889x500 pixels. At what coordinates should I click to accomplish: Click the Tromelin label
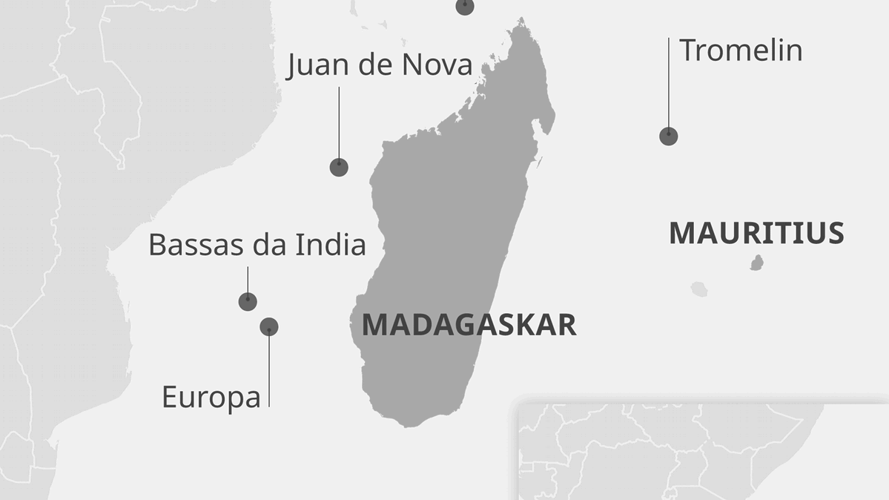coord(741,50)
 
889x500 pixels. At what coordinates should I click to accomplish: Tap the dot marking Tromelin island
coord(668,136)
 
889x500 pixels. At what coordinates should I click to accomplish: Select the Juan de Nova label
coord(380,65)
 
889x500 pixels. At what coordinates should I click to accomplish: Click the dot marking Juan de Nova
coord(339,167)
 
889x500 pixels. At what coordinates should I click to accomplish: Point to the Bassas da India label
coord(257,244)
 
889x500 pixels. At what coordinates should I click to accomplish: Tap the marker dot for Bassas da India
coord(248,301)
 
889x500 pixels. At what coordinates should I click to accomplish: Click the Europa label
coord(211,397)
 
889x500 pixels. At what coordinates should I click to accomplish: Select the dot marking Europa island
coord(269,326)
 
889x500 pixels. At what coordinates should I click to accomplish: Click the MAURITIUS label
coord(756,233)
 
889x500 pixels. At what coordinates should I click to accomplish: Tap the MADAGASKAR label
coord(469,325)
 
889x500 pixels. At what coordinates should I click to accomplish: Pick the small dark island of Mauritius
coord(757,263)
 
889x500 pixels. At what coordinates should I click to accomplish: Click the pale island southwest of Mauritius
coord(699,289)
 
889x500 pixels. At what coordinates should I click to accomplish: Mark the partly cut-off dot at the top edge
coord(465,6)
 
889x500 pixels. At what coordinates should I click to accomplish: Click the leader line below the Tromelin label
coord(668,82)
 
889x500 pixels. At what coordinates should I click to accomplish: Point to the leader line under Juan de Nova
coord(339,122)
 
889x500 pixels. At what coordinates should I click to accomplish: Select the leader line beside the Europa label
coord(269,371)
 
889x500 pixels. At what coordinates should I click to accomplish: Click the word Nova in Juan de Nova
coord(437,65)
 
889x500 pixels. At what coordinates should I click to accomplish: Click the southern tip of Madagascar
coord(406,425)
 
